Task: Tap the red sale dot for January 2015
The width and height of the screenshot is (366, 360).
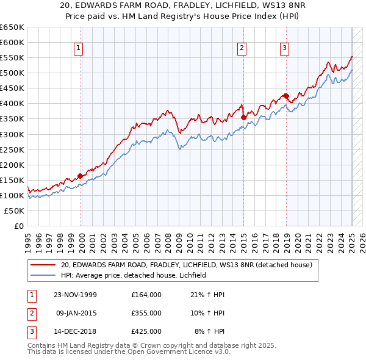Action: click(243, 117)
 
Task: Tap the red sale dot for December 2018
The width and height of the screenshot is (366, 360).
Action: click(286, 96)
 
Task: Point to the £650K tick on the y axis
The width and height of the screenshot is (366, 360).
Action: click(12, 27)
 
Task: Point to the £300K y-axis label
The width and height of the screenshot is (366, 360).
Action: click(12, 134)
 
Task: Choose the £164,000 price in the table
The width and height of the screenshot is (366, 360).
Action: click(146, 294)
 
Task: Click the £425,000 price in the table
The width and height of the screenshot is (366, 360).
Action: click(146, 331)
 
